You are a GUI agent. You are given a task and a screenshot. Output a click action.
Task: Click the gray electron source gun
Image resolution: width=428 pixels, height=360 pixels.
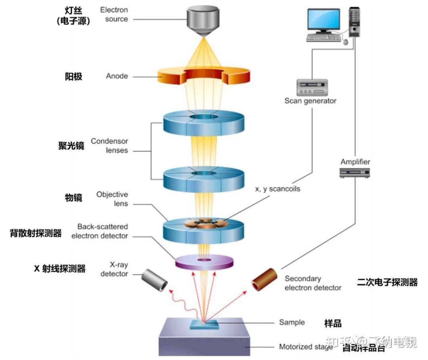click(x=203, y=20)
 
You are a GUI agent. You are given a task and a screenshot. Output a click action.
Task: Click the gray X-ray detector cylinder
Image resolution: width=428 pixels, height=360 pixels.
click(x=154, y=280)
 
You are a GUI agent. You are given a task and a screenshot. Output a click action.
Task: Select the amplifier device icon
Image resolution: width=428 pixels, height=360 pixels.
click(x=355, y=172)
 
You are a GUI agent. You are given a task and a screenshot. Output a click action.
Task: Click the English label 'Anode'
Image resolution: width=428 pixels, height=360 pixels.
click(x=117, y=76)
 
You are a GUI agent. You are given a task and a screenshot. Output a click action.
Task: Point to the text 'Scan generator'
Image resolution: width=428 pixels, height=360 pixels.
click(x=310, y=101)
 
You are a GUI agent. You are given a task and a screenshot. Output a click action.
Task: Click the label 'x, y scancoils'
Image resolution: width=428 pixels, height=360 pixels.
click(x=277, y=189)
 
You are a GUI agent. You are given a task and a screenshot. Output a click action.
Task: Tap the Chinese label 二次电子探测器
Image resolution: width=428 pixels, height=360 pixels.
click(x=387, y=282)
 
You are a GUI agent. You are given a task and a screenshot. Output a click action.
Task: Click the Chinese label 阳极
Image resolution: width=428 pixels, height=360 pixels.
click(x=73, y=76)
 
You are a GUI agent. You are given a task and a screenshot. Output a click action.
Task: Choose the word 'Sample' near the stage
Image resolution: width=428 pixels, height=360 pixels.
click(x=292, y=322)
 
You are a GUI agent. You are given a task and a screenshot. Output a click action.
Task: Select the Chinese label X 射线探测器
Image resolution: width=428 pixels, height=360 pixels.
click(x=60, y=269)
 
